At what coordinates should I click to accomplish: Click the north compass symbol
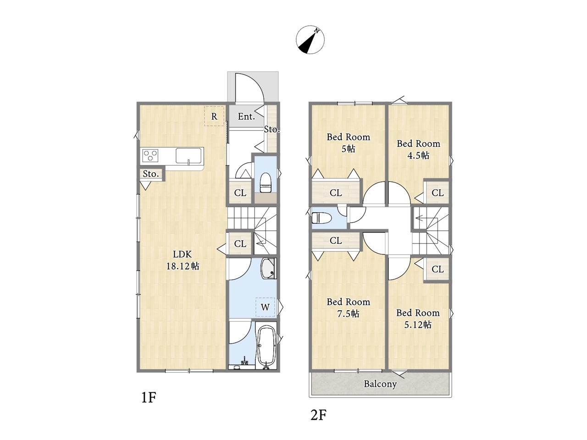pos(310,40)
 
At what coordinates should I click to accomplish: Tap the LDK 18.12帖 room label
pos(183,260)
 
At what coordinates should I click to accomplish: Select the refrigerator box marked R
pos(214,116)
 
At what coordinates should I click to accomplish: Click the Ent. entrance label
pos(246,116)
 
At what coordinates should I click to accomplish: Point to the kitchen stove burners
pos(150,155)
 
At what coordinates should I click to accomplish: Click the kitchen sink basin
pos(188,156)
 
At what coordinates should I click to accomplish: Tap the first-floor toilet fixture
pos(266,182)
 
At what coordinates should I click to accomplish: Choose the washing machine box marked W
pos(265,307)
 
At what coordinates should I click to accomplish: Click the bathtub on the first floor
pos(266,346)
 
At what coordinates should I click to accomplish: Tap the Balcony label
pos(380,384)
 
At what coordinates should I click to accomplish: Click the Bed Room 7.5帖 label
pos(348,308)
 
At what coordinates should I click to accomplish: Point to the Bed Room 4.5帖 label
pos(418,149)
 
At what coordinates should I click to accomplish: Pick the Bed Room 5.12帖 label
pos(418,319)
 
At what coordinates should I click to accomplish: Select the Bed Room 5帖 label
pos(348,143)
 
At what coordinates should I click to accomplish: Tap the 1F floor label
pos(149,397)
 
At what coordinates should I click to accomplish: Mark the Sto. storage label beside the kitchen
pos(151,174)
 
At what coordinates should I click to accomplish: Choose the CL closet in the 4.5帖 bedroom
pos(437,192)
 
